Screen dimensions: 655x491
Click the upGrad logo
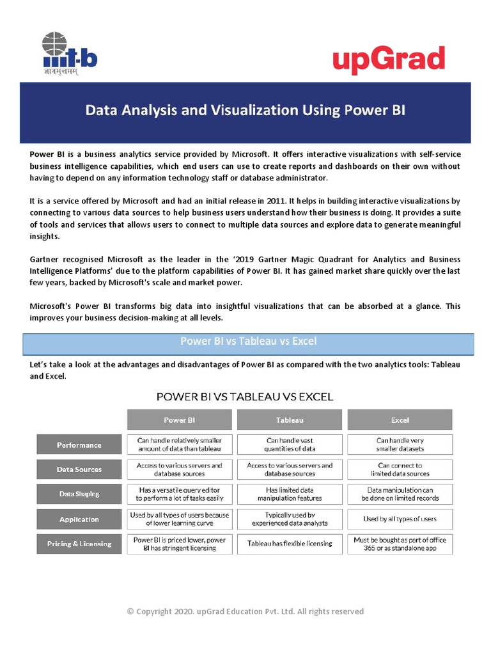[388, 61]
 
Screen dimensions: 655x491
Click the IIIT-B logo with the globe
[68, 54]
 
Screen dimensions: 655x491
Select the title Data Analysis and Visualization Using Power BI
[245, 110]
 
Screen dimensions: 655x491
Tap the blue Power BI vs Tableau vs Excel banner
[248, 342]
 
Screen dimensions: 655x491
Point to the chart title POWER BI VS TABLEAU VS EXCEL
[245, 397]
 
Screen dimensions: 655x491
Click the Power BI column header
[180, 420]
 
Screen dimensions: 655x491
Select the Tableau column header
[290, 420]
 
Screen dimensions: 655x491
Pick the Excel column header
[400, 420]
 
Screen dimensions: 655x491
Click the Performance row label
[79, 445]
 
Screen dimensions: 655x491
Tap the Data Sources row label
[79, 470]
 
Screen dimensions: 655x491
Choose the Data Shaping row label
[79, 494]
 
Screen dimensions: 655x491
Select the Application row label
[79, 519]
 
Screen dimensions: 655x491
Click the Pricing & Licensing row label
[79, 544]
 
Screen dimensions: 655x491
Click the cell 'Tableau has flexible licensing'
[290, 544]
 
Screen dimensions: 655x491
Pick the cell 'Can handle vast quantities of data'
[290, 445]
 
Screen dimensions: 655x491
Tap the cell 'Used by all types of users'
[400, 519]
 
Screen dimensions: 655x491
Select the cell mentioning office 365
[400, 544]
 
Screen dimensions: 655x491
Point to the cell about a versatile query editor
[180, 494]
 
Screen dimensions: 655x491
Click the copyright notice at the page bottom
[245, 612]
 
